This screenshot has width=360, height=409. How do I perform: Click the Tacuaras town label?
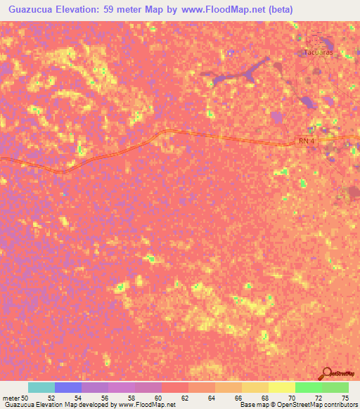[318, 53]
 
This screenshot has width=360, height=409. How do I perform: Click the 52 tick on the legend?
[51, 398]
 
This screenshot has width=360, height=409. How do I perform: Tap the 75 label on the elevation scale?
[345, 398]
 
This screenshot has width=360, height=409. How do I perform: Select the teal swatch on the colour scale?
[41, 387]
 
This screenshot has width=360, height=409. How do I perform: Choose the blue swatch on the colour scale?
[68, 387]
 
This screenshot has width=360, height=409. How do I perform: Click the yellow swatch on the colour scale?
[281, 387]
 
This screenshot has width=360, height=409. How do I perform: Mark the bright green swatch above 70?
[308, 387]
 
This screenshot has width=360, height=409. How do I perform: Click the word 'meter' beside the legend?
[11, 398]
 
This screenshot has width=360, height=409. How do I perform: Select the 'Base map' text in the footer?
[253, 405]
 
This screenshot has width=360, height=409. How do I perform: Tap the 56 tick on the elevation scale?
[105, 398]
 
